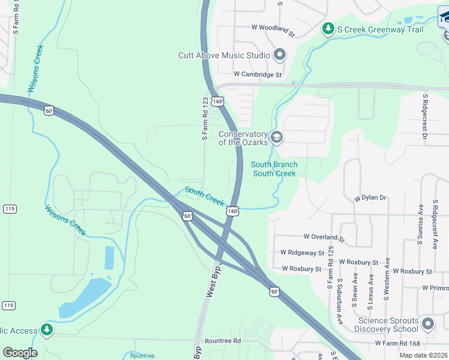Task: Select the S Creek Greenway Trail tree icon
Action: pos(328,29)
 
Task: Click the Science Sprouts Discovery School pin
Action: pos(427,325)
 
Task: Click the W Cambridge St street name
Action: pos(258,74)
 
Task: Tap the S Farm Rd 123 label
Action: pos(205,119)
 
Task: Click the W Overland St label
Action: pos(324,238)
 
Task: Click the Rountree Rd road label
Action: pos(222,340)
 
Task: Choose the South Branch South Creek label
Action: pos(274,169)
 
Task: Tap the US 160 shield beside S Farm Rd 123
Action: pos(217,101)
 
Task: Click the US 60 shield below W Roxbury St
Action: pos(274,291)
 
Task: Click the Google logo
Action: pos(20,352)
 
